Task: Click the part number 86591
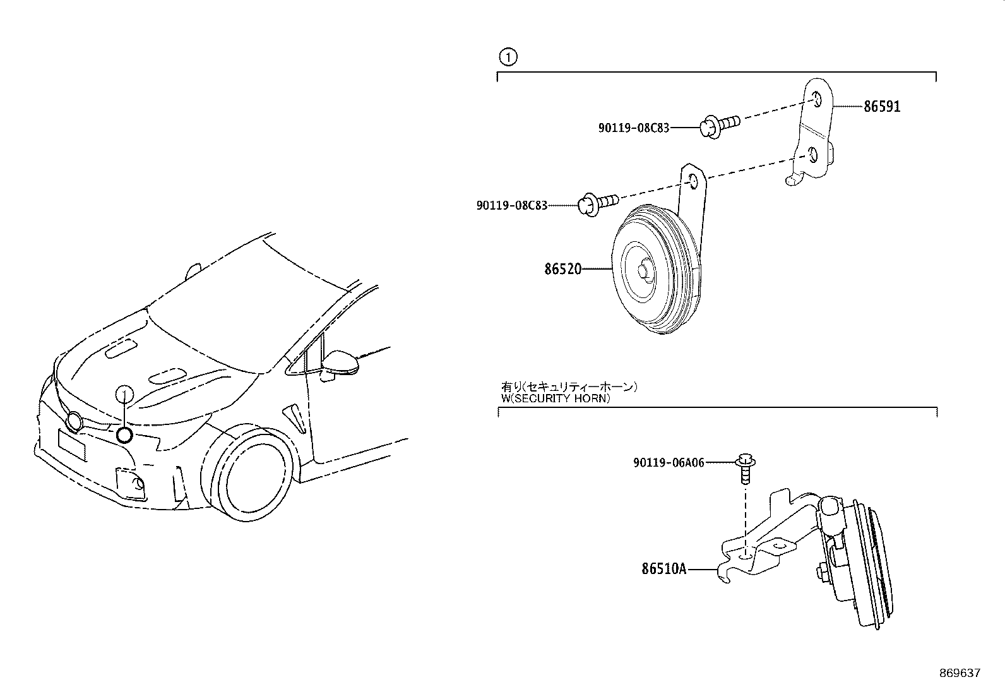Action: (882, 106)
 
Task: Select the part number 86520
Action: (562, 269)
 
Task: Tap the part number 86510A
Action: (664, 569)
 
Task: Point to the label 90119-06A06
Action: (669, 462)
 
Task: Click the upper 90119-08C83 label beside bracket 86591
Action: (634, 128)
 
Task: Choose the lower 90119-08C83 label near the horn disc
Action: (512, 205)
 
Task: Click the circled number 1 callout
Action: (508, 57)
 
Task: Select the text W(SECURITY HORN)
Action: (556, 398)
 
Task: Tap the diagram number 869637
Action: (960, 673)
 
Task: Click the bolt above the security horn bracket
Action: (745, 469)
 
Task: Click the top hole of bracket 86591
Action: (817, 100)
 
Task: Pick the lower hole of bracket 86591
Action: (812, 155)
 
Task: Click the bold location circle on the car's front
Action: (124, 434)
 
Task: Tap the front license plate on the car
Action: (72, 445)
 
